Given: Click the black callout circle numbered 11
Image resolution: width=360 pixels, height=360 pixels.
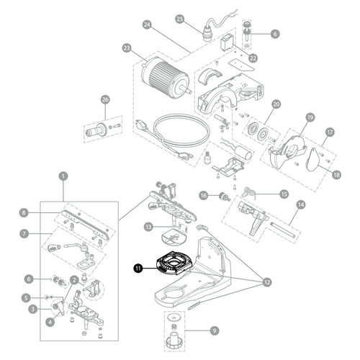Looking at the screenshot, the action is [138, 268].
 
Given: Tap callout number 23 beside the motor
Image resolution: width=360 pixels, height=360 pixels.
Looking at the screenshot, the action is [127, 48].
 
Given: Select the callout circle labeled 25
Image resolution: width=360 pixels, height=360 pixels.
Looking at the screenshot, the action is [180, 19].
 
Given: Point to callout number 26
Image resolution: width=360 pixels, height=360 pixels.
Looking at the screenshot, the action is [105, 99].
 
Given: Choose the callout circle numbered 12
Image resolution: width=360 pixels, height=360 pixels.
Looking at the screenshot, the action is [267, 282].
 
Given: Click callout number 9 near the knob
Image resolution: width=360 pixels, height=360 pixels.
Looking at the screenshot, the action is [215, 330].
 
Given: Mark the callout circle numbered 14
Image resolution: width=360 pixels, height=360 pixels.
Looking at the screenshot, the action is [301, 204].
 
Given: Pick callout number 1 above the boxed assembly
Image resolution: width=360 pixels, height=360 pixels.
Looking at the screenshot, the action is [63, 176].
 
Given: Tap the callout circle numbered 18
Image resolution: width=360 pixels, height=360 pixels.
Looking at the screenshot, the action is [336, 174].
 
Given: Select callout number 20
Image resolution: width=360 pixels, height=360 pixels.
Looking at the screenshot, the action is [276, 104].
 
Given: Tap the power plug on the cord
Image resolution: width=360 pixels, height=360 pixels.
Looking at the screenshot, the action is [142, 125].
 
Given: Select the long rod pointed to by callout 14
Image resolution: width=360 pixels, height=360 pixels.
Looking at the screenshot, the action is [284, 230].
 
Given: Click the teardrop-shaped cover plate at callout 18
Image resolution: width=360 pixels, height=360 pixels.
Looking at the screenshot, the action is [313, 160].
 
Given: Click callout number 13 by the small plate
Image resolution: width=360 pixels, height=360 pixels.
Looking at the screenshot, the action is [148, 227].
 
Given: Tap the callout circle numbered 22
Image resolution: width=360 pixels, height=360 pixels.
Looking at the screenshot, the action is [253, 58].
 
